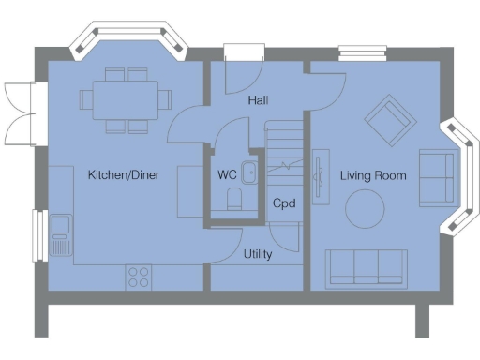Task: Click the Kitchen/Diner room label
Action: [x=123, y=174]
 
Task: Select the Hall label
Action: [x=259, y=99]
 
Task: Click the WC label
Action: [x=226, y=174]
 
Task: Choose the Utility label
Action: [x=258, y=254]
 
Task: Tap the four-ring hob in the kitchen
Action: [x=139, y=277]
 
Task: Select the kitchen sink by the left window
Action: [x=61, y=233]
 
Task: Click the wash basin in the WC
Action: [x=249, y=171]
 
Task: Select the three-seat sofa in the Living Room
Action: [x=366, y=266]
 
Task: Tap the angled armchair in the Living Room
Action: [x=389, y=118]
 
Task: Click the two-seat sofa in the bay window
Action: [x=435, y=175]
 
